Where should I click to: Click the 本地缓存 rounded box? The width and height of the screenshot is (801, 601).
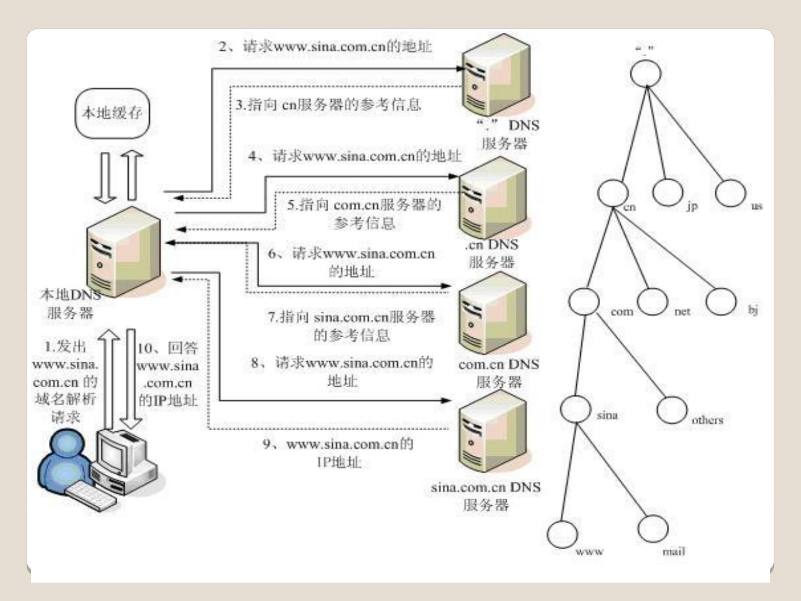point(112,114)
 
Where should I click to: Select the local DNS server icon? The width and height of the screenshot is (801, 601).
point(124,252)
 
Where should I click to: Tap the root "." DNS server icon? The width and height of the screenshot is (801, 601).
point(497,76)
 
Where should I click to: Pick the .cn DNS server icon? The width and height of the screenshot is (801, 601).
point(492,199)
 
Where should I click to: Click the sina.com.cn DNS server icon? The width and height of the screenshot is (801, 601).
point(492,432)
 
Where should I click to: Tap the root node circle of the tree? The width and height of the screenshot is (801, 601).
point(646,72)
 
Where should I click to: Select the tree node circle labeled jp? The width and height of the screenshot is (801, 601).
point(667,191)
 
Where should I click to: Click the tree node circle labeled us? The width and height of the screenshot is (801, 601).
point(730,193)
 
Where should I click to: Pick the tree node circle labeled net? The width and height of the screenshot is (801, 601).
point(652,301)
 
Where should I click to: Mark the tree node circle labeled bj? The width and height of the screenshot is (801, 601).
point(721,301)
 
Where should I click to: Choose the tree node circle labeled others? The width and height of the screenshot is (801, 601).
point(671,410)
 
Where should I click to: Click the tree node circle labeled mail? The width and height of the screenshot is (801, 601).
point(653,528)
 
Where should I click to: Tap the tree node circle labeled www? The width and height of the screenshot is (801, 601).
point(562,533)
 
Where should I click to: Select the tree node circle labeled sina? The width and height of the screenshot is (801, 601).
point(575,409)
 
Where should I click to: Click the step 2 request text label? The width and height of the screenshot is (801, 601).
point(325,46)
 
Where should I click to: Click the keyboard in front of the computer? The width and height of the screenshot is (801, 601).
point(91,496)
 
